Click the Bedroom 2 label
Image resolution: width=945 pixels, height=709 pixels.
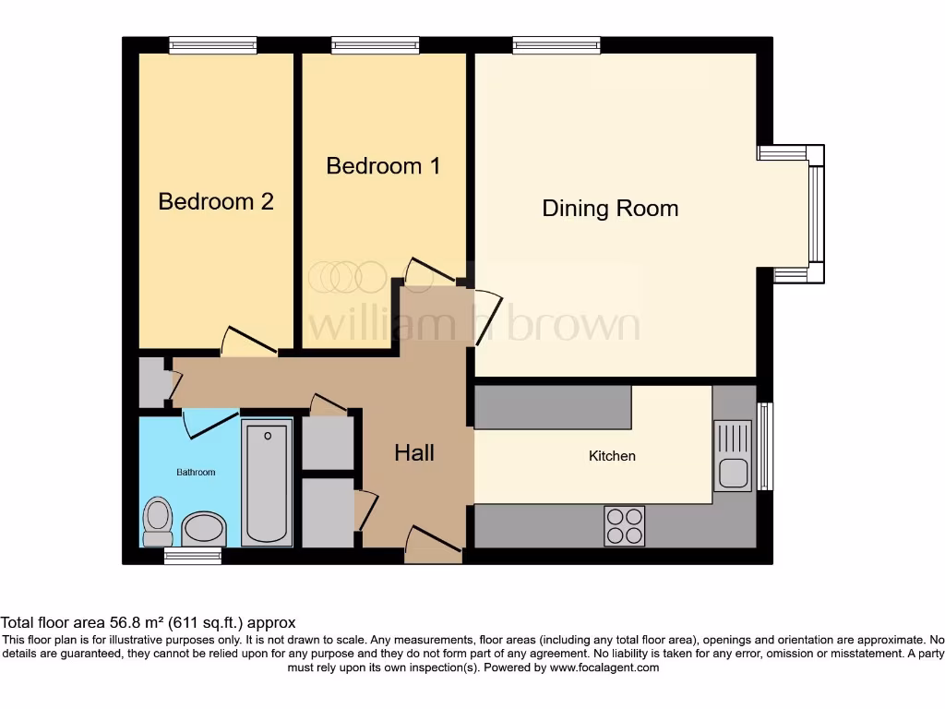pyautogui.click(x=216, y=201)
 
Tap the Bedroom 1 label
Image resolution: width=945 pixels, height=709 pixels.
pyautogui.click(x=383, y=166)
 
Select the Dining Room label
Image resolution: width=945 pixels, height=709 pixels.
pyautogui.click(x=610, y=209)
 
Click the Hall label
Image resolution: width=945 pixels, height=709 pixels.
pyautogui.click(x=414, y=452)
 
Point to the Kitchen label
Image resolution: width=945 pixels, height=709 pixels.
pyautogui.click(x=613, y=456)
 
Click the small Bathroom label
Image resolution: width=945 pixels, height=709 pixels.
pyautogui.click(x=196, y=473)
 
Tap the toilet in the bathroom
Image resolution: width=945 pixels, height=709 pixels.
pyautogui.click(x=158, y=522)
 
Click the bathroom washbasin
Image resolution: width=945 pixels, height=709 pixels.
pyautogui.click(x=204, y=530)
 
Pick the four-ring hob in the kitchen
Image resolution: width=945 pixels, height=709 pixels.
pyautogui.click(x=624, y=526)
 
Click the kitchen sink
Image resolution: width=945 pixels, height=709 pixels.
pyautogui.click(x=734, y=455)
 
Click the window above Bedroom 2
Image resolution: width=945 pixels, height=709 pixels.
pyautogui.click(x=212, y=44)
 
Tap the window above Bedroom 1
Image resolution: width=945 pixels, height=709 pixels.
pyautogui.click(x=376, y=44)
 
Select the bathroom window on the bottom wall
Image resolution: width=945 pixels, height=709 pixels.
pyautogui.click(x=193, y=555)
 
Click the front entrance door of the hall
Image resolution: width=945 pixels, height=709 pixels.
pyautogui.click(x=433, y=545)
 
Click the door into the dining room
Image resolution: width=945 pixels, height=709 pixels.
pyautogui.click(x=486, y=317)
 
